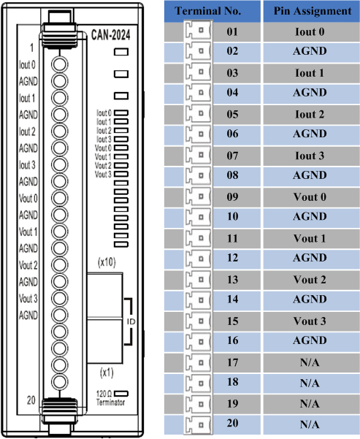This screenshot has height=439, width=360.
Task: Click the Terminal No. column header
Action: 208,11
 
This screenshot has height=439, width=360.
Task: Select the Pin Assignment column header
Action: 312,11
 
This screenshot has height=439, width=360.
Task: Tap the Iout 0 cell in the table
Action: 310,31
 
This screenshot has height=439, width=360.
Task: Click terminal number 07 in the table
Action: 232,156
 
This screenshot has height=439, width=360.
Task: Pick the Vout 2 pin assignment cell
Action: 310,280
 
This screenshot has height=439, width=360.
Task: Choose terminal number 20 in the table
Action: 232,423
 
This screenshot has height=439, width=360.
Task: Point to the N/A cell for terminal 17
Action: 310,362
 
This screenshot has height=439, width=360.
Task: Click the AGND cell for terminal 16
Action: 310,340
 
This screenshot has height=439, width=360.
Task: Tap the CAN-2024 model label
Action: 111,35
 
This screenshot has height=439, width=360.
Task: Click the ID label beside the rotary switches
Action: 131,321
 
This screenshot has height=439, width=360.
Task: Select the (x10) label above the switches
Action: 107,262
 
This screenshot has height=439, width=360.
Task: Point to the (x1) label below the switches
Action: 107,373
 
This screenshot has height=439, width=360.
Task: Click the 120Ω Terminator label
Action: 110,398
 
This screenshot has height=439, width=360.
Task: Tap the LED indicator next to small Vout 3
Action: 121,174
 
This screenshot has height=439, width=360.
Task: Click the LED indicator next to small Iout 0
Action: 121,112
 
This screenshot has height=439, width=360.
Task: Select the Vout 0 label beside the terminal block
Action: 28,199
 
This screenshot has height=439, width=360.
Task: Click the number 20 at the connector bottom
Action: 31,400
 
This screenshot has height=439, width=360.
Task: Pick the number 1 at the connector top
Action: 32,48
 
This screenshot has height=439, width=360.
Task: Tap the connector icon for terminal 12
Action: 198,258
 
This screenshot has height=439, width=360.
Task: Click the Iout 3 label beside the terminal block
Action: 27,165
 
